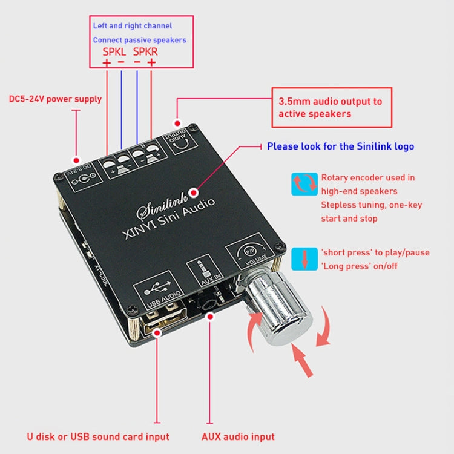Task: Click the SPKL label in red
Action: point(114,52)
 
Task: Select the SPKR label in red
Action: point(145,52)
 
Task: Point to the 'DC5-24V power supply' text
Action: point(56,99)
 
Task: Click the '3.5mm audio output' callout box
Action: point(331,107)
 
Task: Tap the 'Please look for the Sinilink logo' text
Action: point(340,146)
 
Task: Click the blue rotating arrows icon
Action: point(304,183)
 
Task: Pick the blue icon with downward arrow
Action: point(304,259)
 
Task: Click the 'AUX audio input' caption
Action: point(238,436)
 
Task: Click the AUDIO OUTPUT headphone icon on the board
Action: point(182,139)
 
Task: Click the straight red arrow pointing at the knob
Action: point(303,361)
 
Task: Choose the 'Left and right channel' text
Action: point(133,26)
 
